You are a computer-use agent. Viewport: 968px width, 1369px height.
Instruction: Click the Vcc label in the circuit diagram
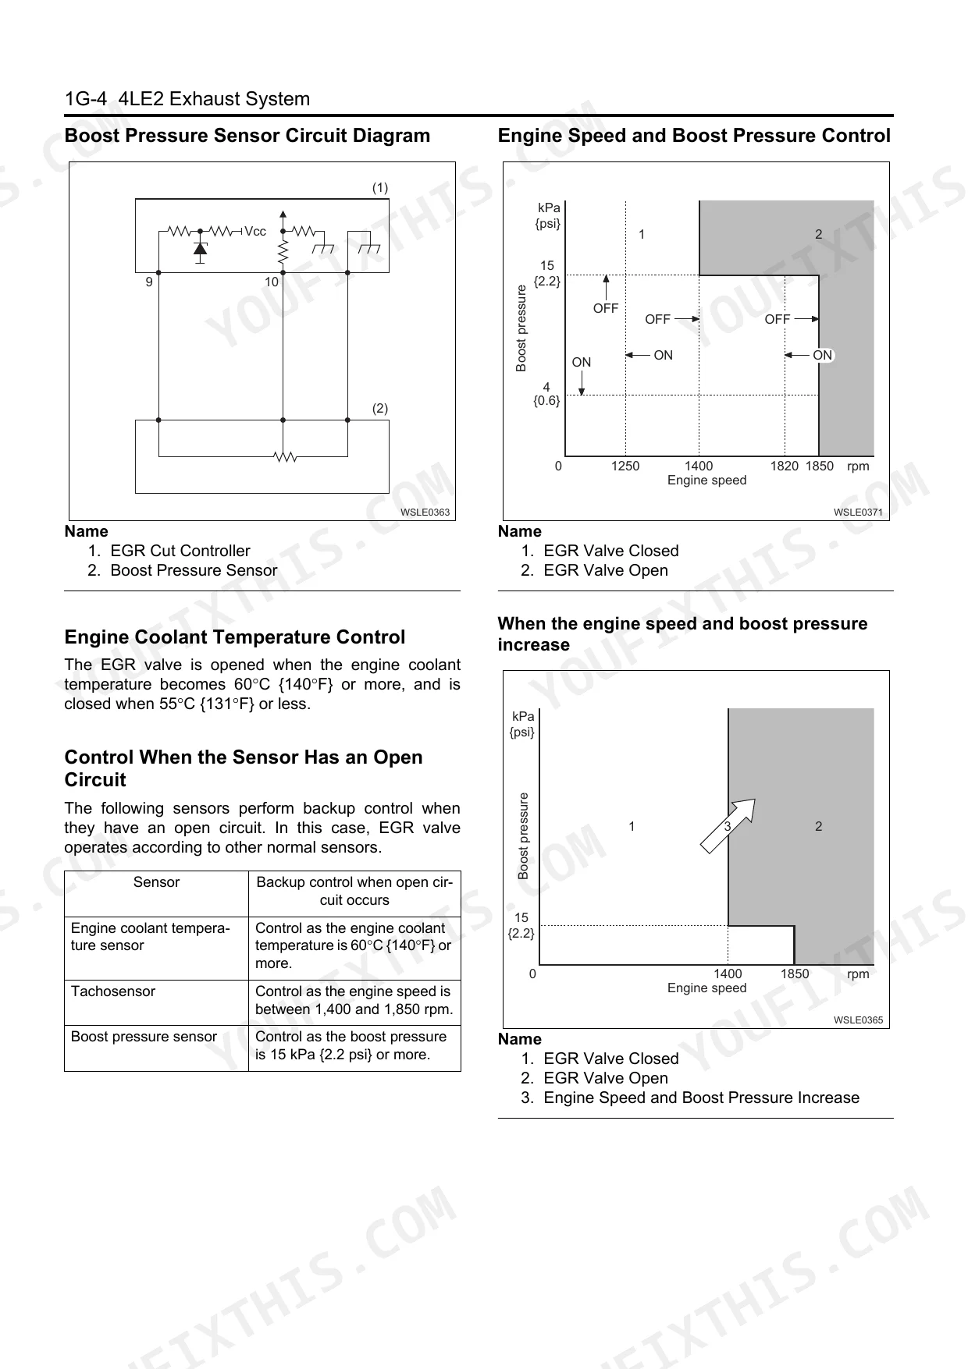pos(255,232)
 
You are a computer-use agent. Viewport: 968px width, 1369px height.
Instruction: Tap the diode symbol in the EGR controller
pos(200,249)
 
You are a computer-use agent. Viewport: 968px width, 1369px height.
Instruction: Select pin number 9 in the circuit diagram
pos(149,282)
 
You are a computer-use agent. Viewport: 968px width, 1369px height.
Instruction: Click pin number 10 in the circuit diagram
pos(271,282)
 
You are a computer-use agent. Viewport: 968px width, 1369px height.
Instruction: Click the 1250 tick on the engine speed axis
pos(625,466)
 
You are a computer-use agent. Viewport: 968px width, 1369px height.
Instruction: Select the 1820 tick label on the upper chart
pos(784,466)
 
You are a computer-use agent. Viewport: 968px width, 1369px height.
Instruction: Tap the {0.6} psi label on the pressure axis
pos(546,401)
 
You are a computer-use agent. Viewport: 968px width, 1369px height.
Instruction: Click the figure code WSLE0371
pos(858,512)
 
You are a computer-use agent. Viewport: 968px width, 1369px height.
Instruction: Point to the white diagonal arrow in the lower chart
pos(728,825)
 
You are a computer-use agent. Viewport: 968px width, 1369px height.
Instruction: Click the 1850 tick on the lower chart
pos(795,974)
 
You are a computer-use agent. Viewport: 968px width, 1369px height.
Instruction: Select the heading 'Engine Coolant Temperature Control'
pos(235,637)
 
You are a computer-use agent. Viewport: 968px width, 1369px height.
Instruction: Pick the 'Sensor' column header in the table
pos(156,882)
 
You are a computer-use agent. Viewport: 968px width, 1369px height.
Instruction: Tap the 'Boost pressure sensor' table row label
pos(144,1037)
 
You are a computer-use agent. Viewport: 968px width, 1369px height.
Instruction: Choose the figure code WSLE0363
pos(425,512)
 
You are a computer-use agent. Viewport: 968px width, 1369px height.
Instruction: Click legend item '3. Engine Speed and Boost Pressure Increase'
pos(690,1098)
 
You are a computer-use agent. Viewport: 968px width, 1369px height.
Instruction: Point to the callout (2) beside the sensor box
pos(379,409)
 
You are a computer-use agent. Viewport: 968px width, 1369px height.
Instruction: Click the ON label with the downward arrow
pos(582,363)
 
